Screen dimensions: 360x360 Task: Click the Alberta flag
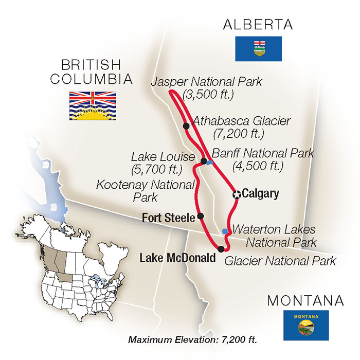pyautogui.click(x=258, y=49)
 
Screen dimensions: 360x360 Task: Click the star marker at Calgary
pyautogui.click(x=237, y=194)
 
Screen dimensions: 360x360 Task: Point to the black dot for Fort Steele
pyautogui.click(x=201, y=216)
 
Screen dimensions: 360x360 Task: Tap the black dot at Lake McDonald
pyautogui.click(x=221, y=249)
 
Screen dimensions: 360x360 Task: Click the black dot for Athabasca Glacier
pyautogui.click(x=186, y=125)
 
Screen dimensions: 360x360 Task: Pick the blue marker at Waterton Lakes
pyautogui.click(x=224, y=231)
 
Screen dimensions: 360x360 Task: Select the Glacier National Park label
pyautogui.click(x=280, y=261)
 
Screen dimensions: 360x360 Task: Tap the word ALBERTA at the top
pyautogui.click(x=258, y=25)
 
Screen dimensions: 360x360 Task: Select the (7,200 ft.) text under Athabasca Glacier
pyautogui.click(x=238, y=134)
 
